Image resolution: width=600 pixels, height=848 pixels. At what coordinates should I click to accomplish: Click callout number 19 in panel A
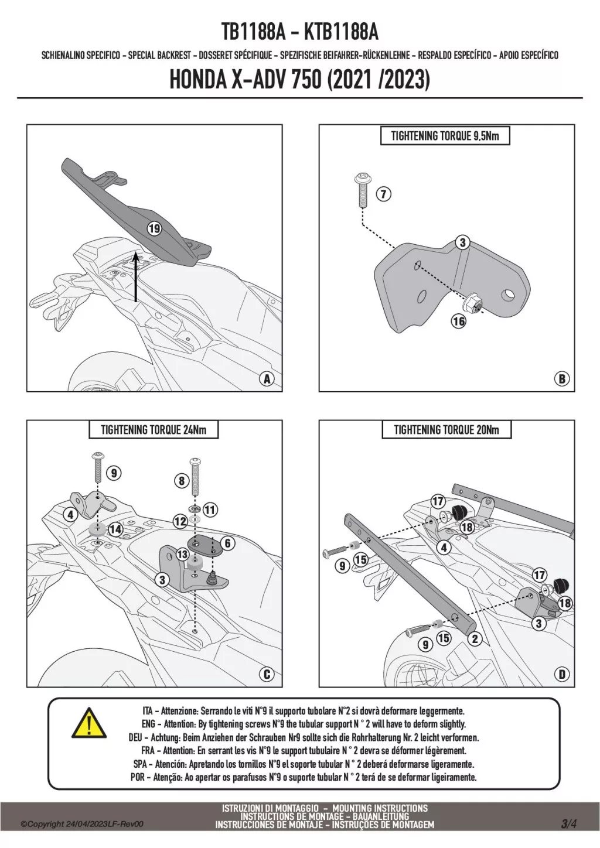click(154, 229)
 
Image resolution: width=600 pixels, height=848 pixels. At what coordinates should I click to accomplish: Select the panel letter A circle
click(267, 379)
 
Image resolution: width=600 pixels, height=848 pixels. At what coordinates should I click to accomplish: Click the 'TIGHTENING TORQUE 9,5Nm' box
click(445, 136)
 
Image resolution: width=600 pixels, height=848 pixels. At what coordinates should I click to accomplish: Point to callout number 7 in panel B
click(383, 194)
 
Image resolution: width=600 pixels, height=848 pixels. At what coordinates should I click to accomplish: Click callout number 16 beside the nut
click(458, 320)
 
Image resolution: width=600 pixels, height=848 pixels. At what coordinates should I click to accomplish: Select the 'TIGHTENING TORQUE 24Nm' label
click(154, 430)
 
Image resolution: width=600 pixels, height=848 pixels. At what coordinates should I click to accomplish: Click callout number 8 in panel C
click(182, 481)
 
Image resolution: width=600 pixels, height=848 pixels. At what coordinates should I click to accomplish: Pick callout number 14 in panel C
click(115, 529)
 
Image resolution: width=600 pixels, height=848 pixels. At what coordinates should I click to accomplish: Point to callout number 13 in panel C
click(182, 554)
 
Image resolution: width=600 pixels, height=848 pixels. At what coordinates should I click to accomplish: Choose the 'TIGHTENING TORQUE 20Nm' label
click(446, 430)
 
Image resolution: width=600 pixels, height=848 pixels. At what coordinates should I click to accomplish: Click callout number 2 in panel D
click(475, 639)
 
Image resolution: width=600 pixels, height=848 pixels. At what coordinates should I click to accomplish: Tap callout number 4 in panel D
click(444, 547)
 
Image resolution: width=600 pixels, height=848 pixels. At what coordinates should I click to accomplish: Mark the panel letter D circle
click(562, 674)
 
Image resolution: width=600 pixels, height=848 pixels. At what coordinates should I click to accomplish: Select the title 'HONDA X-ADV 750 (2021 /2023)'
click(299, 80)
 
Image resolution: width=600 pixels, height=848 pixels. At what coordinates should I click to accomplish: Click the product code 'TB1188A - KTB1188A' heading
click(299, 32)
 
